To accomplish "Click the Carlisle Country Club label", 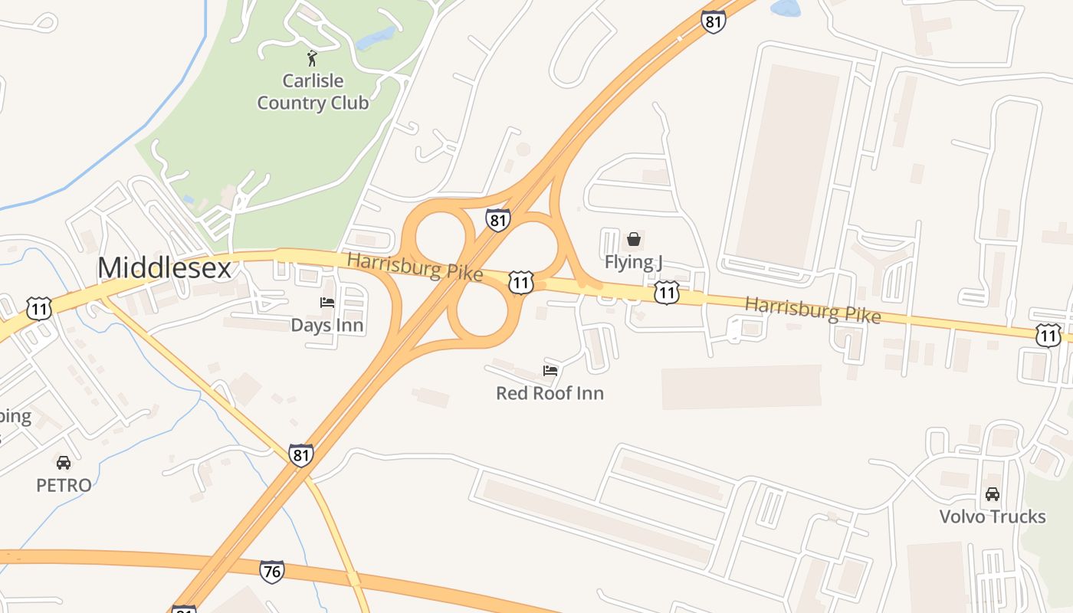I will tap(313, 92).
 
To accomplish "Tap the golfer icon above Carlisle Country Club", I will tap(312, 58).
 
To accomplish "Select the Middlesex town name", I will tap(164, 268).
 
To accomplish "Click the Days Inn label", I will tap(326, 325).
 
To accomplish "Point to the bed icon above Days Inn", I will tap(327, 303).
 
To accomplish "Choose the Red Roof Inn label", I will tap(550, 393).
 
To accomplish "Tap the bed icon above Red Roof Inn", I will tap(550, 371).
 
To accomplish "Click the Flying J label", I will tap(633, 262).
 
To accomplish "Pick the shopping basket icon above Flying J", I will tap(634, 239).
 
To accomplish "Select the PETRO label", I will tap(64, 485).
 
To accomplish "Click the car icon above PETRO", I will tap(64, 463).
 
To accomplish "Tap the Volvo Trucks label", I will tap(993, 516).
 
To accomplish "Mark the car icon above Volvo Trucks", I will tap(993, 494).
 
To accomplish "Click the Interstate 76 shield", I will tap(271, 572).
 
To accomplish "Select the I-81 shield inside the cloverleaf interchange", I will tap(497, 221).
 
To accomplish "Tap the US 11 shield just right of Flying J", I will tap(666, 292).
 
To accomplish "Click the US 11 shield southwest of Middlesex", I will tap(38, 309).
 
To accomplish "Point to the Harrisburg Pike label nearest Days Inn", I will tap(415, 266).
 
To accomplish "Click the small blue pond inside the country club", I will tap(376, 38).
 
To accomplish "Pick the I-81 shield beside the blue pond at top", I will tap(713, 21).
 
